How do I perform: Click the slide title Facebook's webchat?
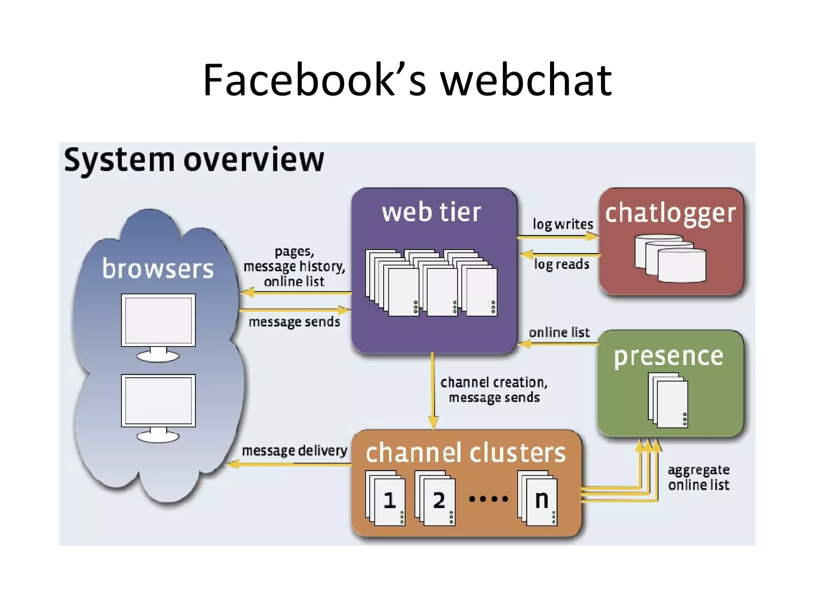point(407,80)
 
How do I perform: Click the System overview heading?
point(194,160)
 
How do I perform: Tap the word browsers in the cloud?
point(158,269)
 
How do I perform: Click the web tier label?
point(431,212)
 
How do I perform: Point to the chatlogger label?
point(670,214)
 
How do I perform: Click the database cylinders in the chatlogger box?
point(670,258)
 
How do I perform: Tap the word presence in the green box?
point(669,356)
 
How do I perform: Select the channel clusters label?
point(466,453)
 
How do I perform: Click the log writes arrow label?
point(563,224)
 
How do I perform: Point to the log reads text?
point(562,264)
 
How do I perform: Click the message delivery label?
point(294,451)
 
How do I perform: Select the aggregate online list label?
point(698,477)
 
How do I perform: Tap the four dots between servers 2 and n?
point(488,499)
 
